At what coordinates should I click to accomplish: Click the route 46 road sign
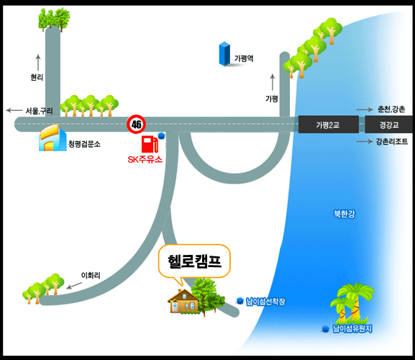tap(137, 124)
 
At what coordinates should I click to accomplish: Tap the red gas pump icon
tap(150, 144)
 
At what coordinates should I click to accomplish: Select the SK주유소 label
tap(145, 159)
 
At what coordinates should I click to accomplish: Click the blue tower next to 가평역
tap(224, 54)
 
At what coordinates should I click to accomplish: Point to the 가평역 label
tap(244, 58)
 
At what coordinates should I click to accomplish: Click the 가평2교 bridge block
tap(329, 125)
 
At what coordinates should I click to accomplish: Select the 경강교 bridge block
tap(388, 125)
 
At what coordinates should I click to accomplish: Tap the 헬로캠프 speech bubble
tap(194, 262)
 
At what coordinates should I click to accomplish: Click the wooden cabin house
tap(183, 302)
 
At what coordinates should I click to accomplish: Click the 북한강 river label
tap(344, 214)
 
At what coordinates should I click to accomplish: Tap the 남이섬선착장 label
tap(265, 302)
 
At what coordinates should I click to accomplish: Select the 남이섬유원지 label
tap(352, 329)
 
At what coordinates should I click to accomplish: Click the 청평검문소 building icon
tap(53, 138)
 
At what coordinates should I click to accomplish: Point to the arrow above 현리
tap(38, 63)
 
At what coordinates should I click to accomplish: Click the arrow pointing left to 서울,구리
tap(14, 110)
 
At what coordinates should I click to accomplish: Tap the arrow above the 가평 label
tap(273, 82)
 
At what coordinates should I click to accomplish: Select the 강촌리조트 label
tap(392, 141)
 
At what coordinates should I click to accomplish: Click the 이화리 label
tap(91, 276)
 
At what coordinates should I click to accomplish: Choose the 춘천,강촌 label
tap(391, 109)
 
